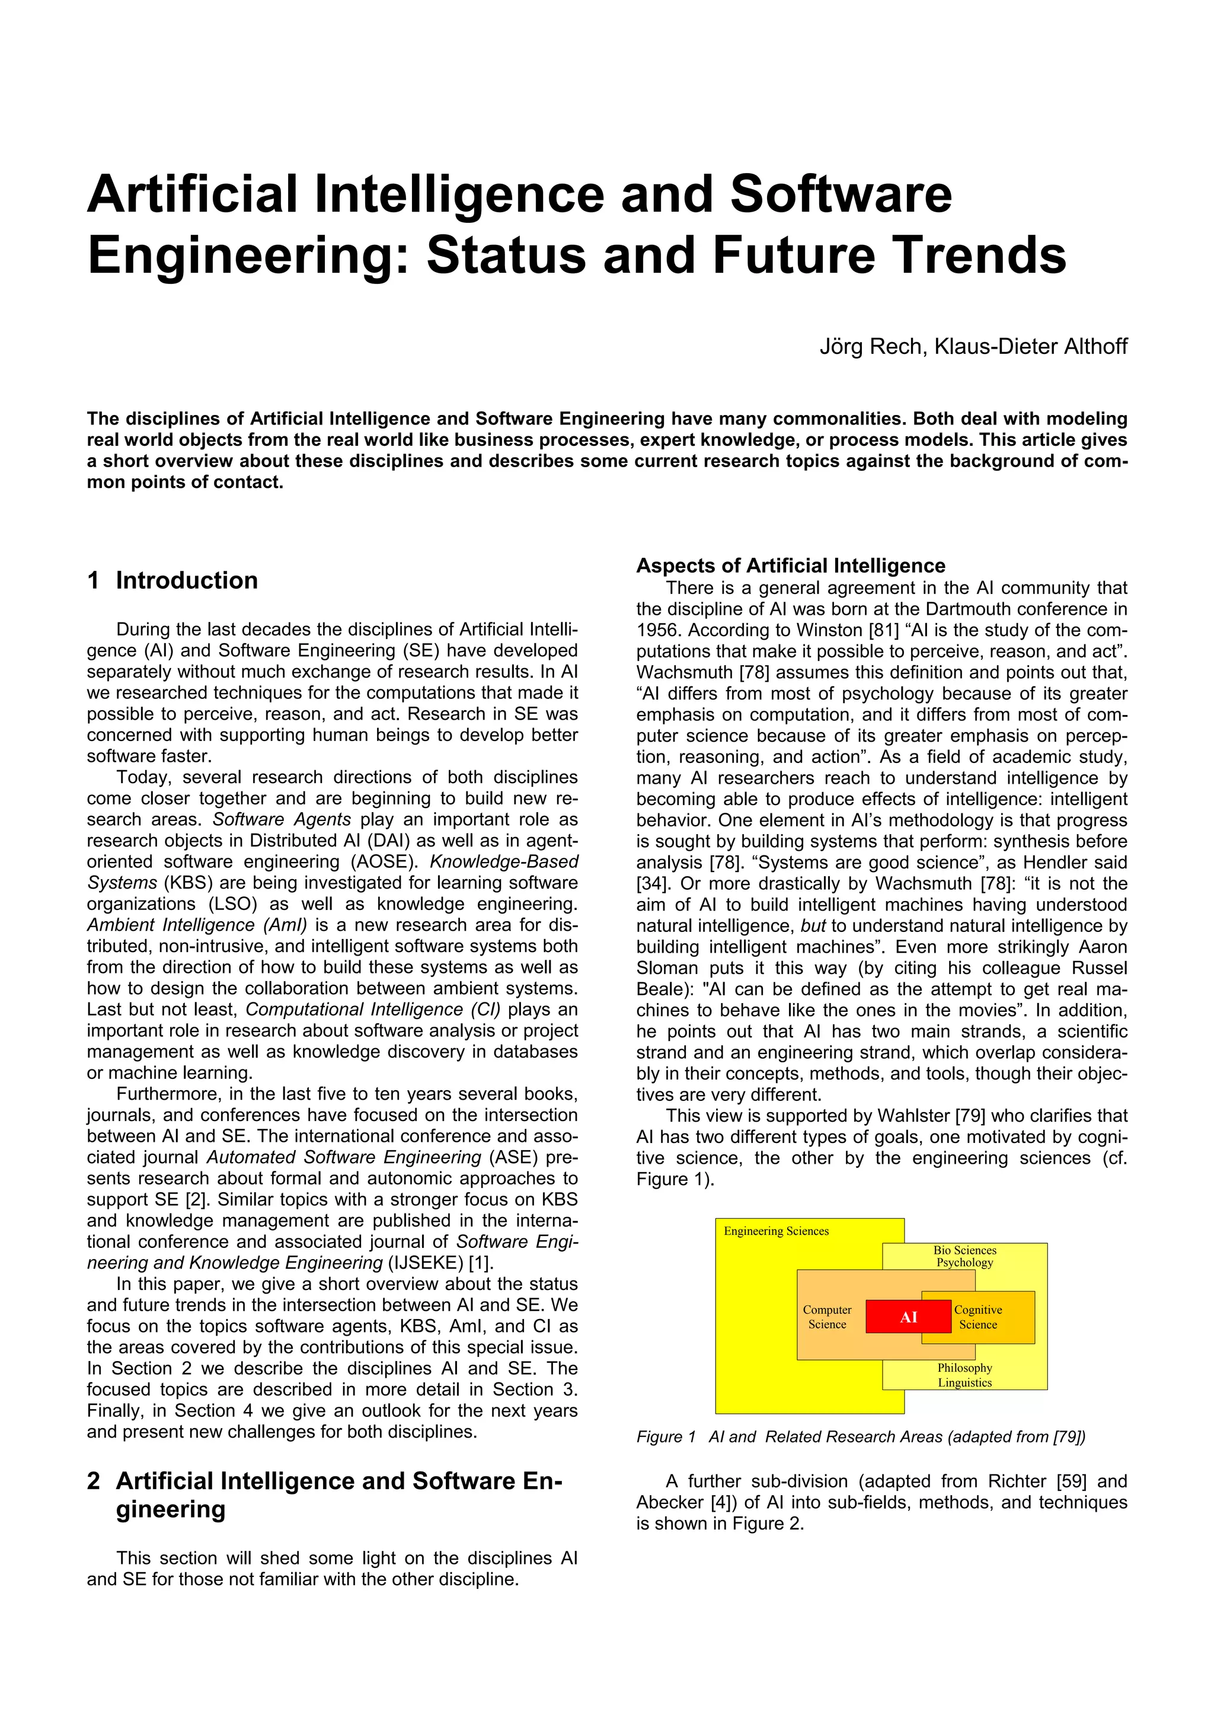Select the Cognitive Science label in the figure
(x=977, y=1317)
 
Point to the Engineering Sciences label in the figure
(x=776, y=1231)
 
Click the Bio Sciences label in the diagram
(x=964, y=1250)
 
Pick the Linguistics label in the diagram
(x=964, y=1383)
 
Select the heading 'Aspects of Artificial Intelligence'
(x=791, y=566)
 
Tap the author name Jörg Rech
(x=871, y=346)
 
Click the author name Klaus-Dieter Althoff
(x=1031, y=346)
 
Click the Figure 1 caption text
(x=860, y=1436)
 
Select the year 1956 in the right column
(x=657, y=630)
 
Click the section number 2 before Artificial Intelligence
(x=94, y=1481)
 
